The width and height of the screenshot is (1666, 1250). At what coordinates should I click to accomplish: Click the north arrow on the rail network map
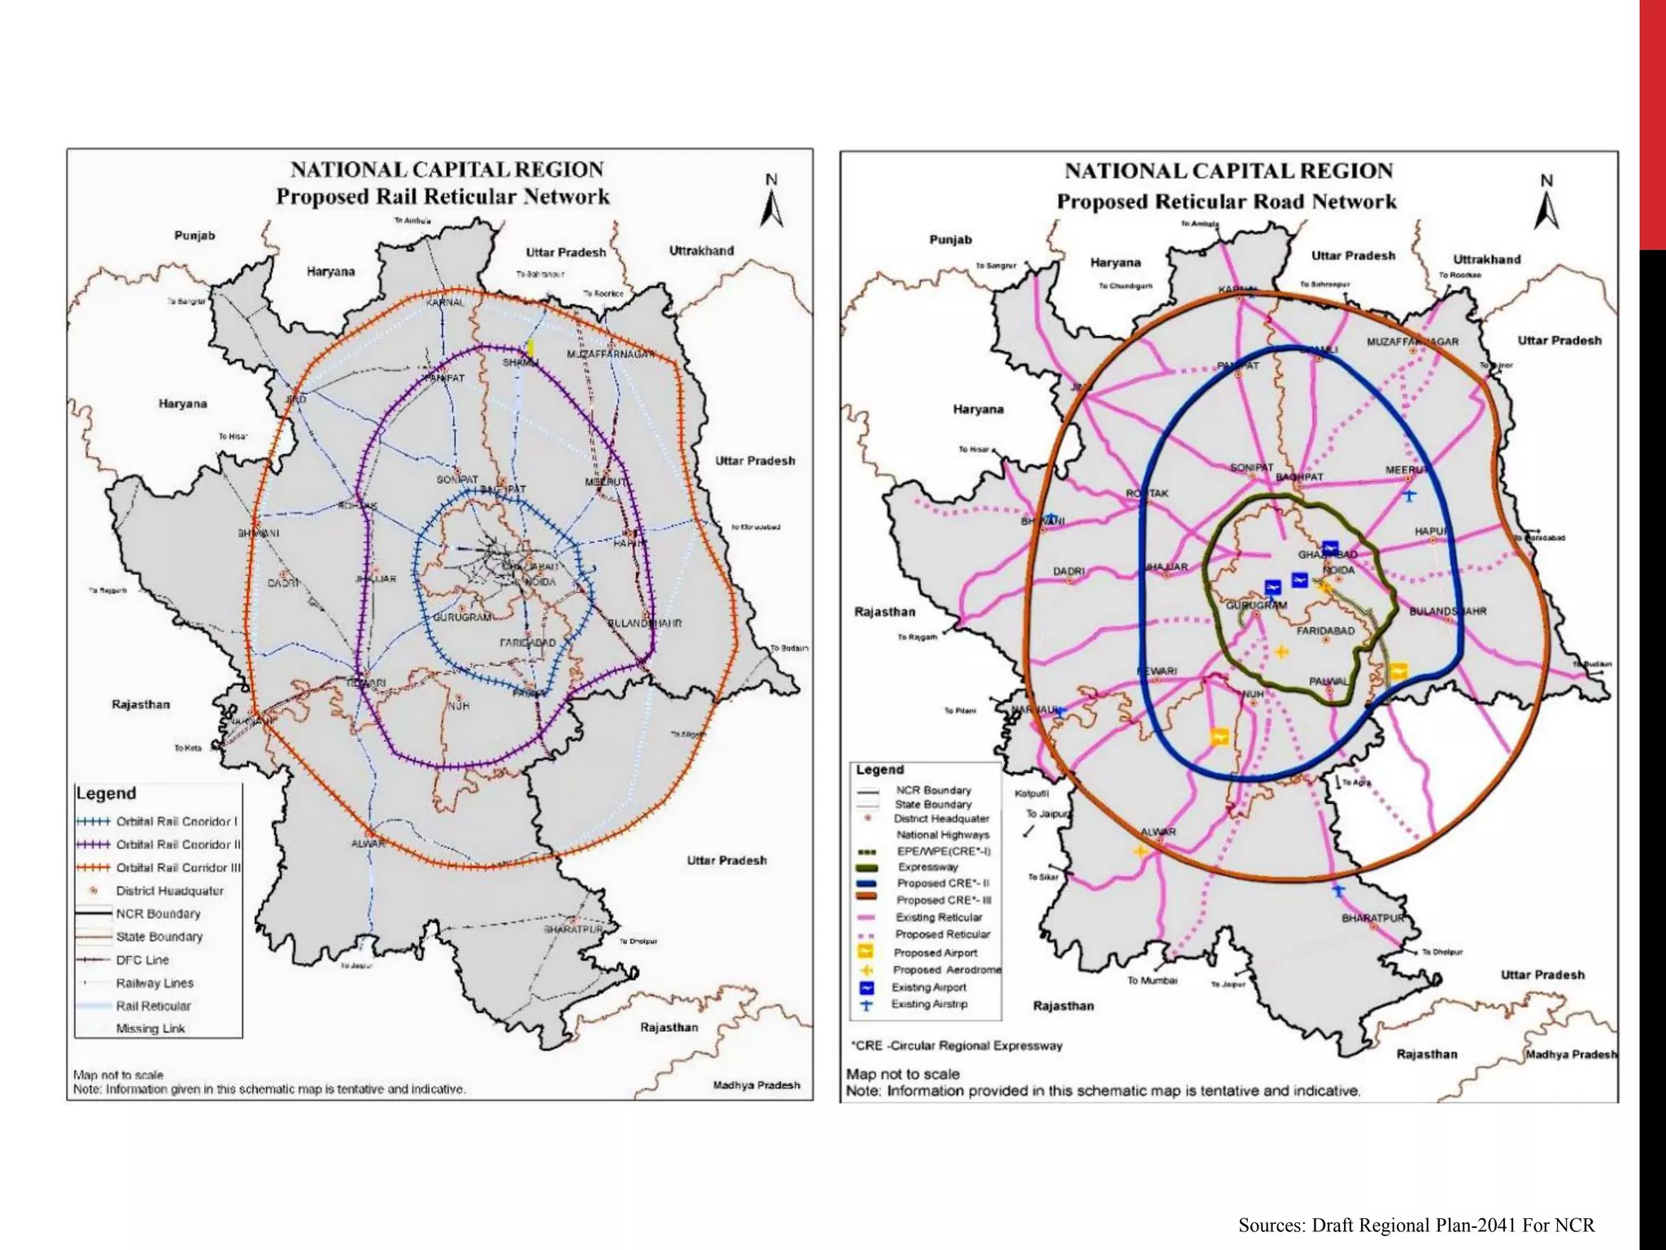772,201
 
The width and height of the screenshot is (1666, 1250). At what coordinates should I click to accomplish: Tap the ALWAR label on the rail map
368,843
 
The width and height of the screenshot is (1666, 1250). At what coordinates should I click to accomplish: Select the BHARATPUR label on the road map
1373,918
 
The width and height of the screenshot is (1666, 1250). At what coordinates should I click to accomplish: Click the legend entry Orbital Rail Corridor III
177,868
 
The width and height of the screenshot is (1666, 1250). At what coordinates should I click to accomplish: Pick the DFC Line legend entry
142,959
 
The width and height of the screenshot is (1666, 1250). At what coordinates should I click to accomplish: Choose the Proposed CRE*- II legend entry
942,883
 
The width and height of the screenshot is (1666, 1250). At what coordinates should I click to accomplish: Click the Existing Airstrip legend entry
929,1004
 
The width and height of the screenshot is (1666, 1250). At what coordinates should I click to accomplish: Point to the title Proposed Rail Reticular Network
443,197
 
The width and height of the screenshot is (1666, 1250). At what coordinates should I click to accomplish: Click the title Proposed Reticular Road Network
1226,202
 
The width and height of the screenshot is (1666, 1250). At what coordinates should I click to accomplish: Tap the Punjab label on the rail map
194,235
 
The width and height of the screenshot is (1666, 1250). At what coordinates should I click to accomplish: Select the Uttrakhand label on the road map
1487,260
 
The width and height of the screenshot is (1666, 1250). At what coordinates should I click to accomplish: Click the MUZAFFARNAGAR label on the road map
1412,342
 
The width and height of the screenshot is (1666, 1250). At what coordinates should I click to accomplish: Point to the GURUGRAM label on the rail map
461,617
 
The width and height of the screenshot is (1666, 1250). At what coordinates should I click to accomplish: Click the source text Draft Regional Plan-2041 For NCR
1416,1225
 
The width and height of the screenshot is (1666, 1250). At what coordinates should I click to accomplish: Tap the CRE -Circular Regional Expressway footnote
957,1046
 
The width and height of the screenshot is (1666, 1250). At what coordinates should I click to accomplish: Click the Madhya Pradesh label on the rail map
756,1085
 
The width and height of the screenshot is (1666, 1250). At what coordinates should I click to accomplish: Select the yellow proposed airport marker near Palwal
1398,671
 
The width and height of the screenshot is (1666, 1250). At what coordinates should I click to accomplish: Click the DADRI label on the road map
1069,571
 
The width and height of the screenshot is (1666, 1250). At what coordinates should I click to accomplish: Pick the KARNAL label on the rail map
445,303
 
